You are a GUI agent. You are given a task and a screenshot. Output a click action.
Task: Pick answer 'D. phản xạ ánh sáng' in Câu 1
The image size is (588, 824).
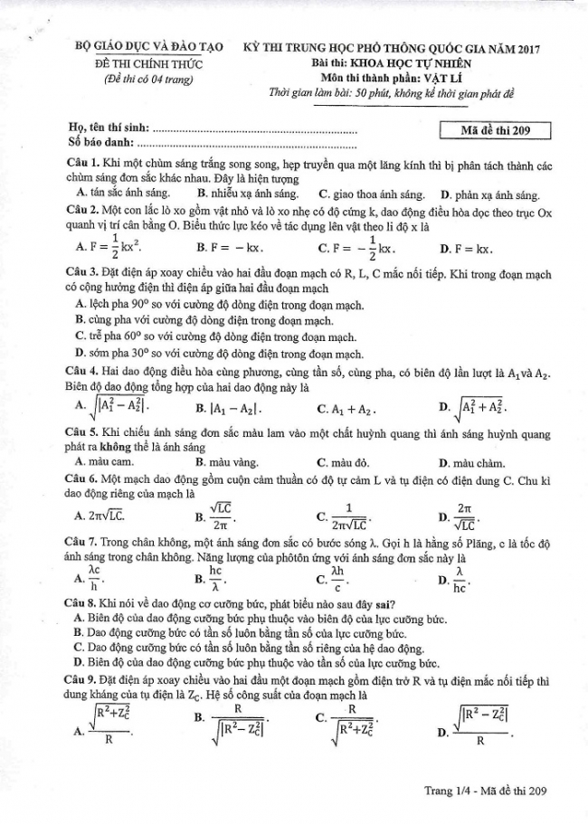pos(488,194)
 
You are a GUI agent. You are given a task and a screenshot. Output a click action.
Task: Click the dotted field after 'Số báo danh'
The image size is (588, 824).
pos(244,143)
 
